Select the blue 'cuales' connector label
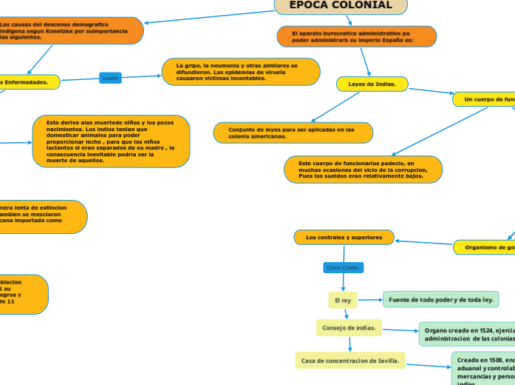pos(110,78)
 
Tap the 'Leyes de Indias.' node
pos(372,84)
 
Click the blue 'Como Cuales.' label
pos(343,267)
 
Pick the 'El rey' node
pos(343,300)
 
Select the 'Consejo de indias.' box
pos(349,327)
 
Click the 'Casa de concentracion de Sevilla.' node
pos(350,361)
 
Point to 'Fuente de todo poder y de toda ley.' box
pos(440,299)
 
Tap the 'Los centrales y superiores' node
pos(344,237)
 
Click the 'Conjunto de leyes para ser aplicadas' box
pos(293,133)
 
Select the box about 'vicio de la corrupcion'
pos(363,170)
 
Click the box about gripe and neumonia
pos(241,72)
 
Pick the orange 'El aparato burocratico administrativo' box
pos(356,36)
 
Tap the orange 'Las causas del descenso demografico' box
pos(70,30)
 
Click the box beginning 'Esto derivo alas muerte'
pos(111,141)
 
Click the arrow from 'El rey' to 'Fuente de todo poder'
pos(369,299)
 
